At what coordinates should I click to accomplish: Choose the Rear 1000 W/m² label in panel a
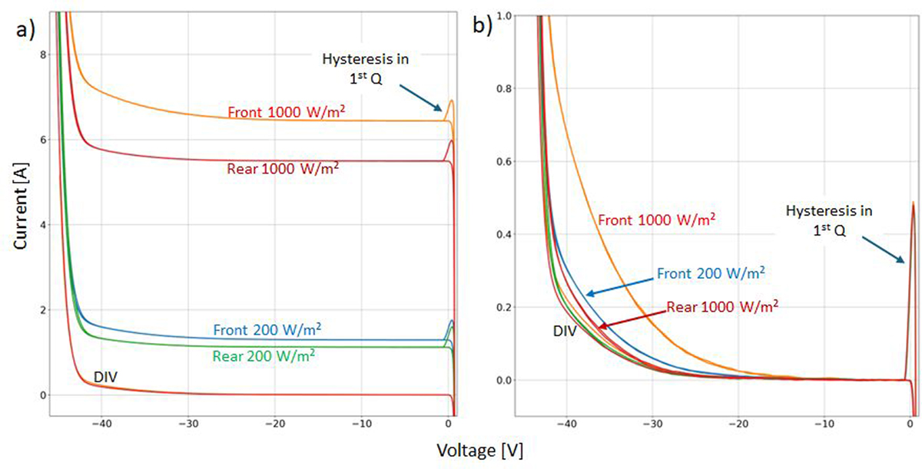coord(280,168)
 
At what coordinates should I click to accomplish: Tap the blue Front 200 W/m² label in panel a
coord(267,331)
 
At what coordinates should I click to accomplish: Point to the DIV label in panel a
coord(105,377)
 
